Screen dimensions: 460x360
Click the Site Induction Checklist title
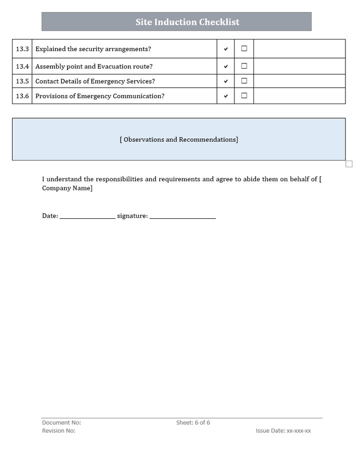pos(187,22)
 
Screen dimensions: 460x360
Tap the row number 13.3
pos(22,49)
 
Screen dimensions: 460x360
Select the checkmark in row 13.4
pos(225,66)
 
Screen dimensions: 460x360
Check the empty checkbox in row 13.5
pos(244,81)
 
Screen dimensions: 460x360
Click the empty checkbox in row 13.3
pos(244,49)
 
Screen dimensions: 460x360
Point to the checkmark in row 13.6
pos(225,96)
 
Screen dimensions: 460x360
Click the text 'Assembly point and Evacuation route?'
pos(94,66)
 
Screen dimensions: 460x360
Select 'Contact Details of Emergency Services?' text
pos(95,81)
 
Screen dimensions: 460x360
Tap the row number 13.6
pos(22,96)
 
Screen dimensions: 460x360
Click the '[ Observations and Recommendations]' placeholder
pos(179,140)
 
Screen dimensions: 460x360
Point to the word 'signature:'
pos(132,216)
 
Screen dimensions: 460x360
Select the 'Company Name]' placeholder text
pos(67,188)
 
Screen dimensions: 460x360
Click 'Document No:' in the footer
pos(61,422)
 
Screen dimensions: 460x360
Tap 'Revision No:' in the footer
pos(59,430)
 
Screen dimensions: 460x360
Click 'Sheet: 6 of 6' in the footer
pos(193,422)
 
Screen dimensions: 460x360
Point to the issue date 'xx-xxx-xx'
pos(298,430)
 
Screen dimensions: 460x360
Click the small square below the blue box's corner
pos(349,164)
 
